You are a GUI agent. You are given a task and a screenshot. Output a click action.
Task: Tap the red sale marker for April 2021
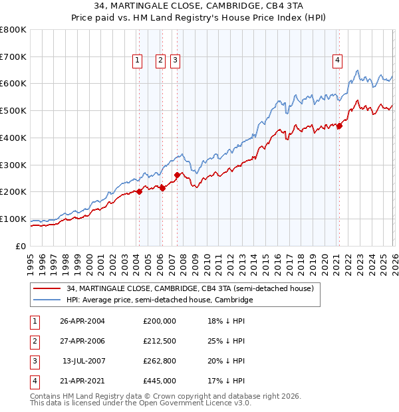pos(339,126)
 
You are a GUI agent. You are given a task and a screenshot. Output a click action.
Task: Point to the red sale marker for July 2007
pos(177,175)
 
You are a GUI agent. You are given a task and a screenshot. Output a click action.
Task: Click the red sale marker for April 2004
pos(139,191)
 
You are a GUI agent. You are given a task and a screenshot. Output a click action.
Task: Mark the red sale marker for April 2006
pos(162,188)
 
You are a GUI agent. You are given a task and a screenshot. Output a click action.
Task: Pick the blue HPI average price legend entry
pos(160,300)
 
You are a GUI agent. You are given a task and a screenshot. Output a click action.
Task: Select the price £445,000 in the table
pos(160,381)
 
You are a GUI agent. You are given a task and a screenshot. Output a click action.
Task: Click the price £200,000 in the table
pos(160,321)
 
